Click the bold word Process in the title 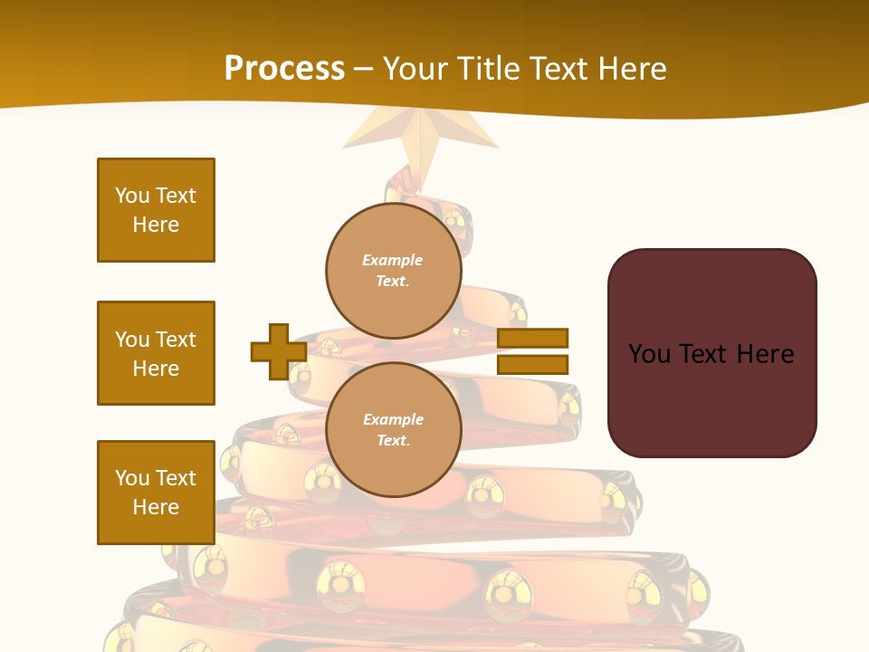pyautogui.click(x=284, y=68)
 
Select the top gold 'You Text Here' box pyautogui.click(x=156, y=210)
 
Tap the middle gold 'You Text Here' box pyautogui.click(x=156, y=353)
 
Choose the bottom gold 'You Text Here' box pyautogui.click(x=156, y=493)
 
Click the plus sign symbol pyautogui.click(x=279, y=351)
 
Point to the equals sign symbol pyautogui.click(x=532, y=351)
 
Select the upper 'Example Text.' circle pyautogui.click(x=393, y=270)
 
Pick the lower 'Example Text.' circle pyautogui.click(x=393, y=429)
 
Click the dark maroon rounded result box pyautogui.click(x=711, y=353)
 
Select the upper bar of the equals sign pyautogui.click(x=532, y=339)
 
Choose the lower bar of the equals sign pyautogui.click(x=532, y=364)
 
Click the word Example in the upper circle pyautogui.click(x=393, y=260)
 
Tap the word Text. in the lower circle pyautogui.click(x=393, y=441)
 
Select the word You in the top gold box pyautogui.click(x=132, y=196)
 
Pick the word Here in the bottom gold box pyautogui.click(x=156, y=507)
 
